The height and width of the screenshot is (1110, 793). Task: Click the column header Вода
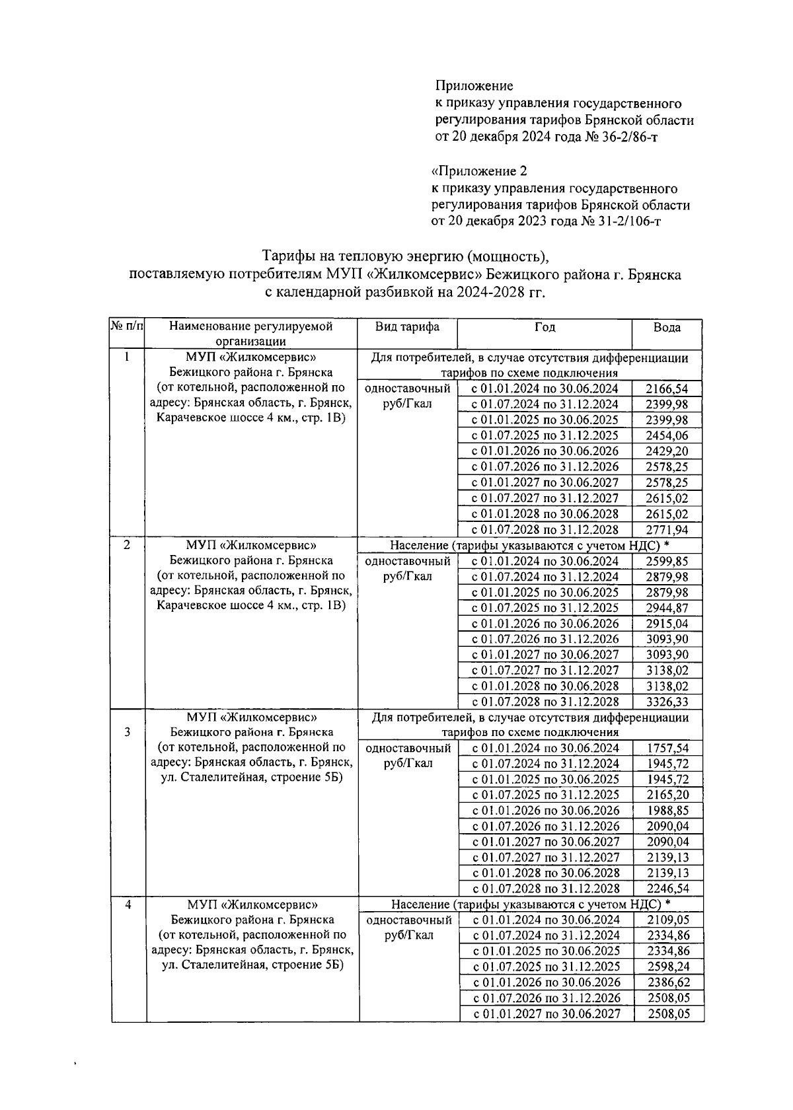pos(667,327)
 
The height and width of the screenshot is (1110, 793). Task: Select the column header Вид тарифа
pos(407,326)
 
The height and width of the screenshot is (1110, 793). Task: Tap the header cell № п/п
pos(126,326)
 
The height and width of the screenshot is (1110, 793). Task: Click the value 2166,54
pos(666,388)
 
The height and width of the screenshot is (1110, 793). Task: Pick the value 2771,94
pos(666,529)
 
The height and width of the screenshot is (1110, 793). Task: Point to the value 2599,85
pos(666,561)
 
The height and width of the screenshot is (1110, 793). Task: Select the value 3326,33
pos(666,702)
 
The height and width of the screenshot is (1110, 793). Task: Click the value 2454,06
pos(666,435)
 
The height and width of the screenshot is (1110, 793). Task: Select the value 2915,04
pos(666,623)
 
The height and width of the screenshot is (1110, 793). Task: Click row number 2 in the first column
pos(127,544)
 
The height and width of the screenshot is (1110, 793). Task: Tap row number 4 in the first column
pos(128,905)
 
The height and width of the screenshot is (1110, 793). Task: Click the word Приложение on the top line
pos(474,86)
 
